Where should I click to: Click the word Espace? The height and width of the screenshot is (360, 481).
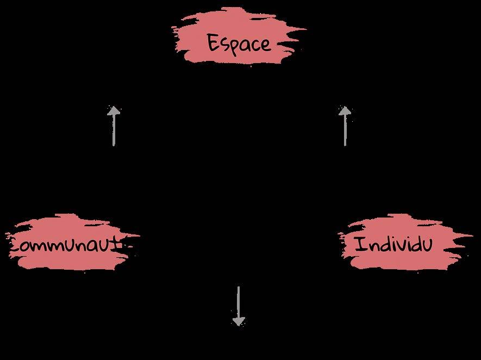(x=239, y=43)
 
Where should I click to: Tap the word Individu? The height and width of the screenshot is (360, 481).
(x=393, y=244)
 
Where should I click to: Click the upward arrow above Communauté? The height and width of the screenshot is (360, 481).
(x=113, y=126)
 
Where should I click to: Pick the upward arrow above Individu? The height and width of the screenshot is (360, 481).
(x=345, y=126)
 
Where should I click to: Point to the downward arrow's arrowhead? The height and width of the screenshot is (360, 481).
(x=238, y=321)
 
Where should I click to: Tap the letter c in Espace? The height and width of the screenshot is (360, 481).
(x=254, y=44)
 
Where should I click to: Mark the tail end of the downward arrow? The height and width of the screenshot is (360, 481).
(x=238, y=288)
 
